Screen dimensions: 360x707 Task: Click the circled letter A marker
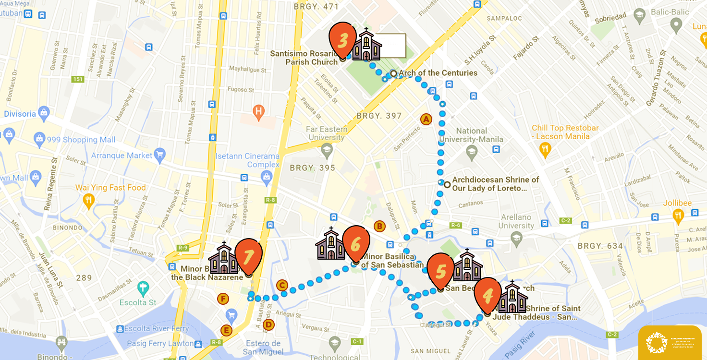(x=426, y=119)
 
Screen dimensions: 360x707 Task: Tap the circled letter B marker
(x=379, y=226)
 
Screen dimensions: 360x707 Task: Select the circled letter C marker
(x=282, y=286)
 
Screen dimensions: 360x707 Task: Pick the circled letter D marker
(x=268, y=324)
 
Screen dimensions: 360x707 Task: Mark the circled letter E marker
(x=226, y=330)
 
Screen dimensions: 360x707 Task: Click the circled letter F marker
(x=223, y=299)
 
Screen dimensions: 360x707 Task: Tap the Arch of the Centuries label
(x=438, y=73)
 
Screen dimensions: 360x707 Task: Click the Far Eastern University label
(x=327, y=133)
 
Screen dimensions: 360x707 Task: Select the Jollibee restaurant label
(x=677, y=203)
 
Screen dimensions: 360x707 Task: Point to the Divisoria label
(x=20, y=114)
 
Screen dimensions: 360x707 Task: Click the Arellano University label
(x=516, y=221)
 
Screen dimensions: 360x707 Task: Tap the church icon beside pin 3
(x=366, y=45)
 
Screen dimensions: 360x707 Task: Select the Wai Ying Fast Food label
(x=110, y=188)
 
